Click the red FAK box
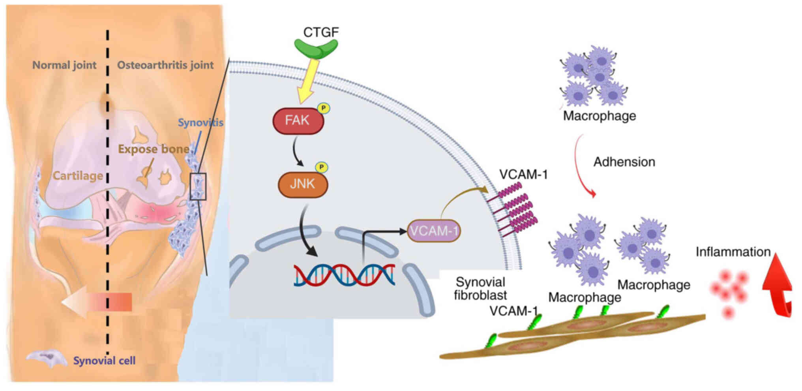[298, 120]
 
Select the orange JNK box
[303, 184]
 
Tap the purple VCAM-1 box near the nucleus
[434, 231]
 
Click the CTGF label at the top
[320, 32]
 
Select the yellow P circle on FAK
[324, 108]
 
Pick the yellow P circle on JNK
[322, 167]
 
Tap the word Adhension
[624, 162]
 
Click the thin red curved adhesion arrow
[582, 166]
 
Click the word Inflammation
[733, 252]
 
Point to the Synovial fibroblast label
[480, 289]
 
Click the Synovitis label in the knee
[200, 123]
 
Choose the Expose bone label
[154, 149]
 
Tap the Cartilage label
[78, 176]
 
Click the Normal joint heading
[64, 65]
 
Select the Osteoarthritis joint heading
[165, 65]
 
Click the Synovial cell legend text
[104, 361]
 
